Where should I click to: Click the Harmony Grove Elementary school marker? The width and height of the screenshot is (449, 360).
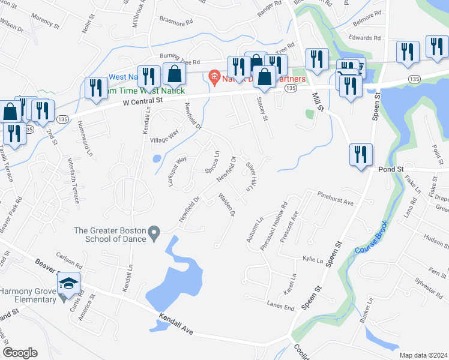70,283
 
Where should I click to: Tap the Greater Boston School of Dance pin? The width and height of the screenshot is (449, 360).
154,232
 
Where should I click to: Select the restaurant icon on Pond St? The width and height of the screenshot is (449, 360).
361,155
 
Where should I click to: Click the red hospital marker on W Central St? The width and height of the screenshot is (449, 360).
212,77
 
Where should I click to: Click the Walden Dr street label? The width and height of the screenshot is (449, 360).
226,205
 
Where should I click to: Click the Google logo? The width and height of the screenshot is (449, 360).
20,352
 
